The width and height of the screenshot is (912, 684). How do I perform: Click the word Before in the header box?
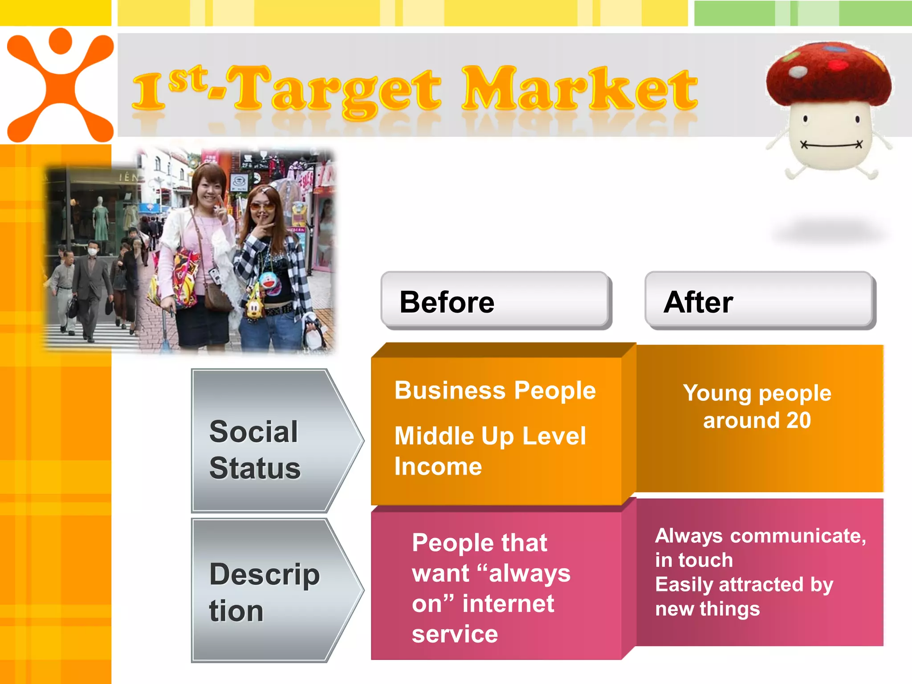point(447,302)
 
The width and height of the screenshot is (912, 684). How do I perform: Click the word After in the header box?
point(698,302)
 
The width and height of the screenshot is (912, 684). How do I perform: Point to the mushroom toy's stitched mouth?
point(831,145)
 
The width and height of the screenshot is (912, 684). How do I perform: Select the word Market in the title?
point(579,89)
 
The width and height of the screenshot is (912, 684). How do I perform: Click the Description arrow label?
point(264,592)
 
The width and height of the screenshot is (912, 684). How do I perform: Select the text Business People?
point(495,391)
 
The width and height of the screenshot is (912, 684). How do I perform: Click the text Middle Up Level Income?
point(490,451)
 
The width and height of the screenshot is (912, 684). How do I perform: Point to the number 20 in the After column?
point(798,420)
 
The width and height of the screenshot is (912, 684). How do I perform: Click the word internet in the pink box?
point(508,604)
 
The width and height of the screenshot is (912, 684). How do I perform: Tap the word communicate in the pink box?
point(798,536)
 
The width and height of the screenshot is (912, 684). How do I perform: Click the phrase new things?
point(707,609)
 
